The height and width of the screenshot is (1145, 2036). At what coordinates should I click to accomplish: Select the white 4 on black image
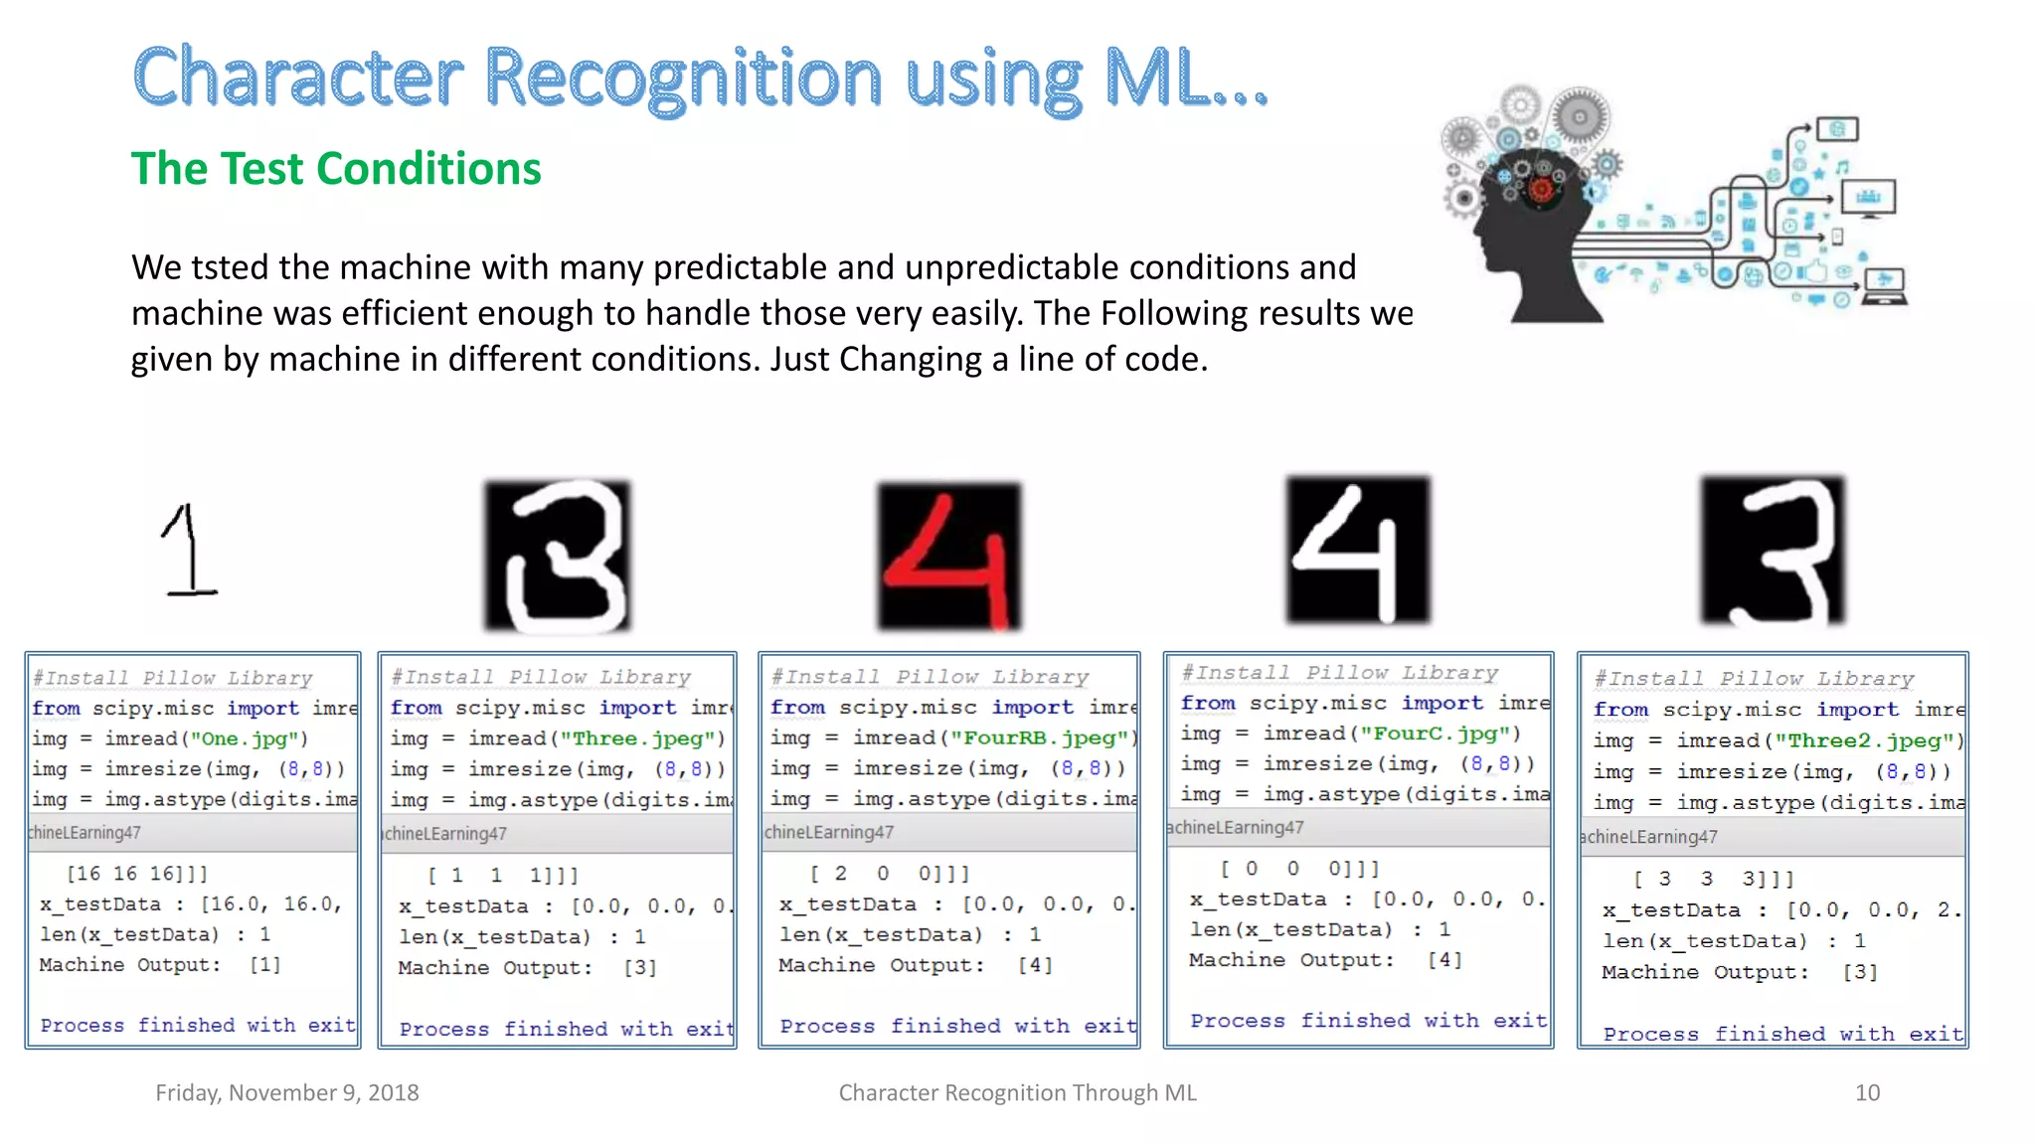click(1358, 550)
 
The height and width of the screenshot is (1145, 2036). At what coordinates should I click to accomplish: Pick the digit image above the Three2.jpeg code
click(1773, 550)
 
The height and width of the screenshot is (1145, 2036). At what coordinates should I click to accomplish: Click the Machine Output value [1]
click(264, 964)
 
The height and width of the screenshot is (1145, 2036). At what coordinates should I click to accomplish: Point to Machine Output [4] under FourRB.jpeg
click(1034, 964)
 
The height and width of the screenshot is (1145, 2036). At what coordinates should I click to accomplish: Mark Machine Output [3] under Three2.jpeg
click(1860, 972)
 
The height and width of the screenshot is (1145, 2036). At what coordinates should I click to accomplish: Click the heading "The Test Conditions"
click(336, 169)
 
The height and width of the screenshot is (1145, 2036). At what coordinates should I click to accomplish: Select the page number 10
click(1867, 1092)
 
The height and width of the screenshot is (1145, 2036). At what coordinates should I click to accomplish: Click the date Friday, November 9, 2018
click(287, 1092)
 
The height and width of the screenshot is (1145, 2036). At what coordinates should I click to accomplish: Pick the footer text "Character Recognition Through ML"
click(1017, 1092)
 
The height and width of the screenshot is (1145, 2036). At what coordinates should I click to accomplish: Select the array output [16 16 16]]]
click(137, 874)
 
